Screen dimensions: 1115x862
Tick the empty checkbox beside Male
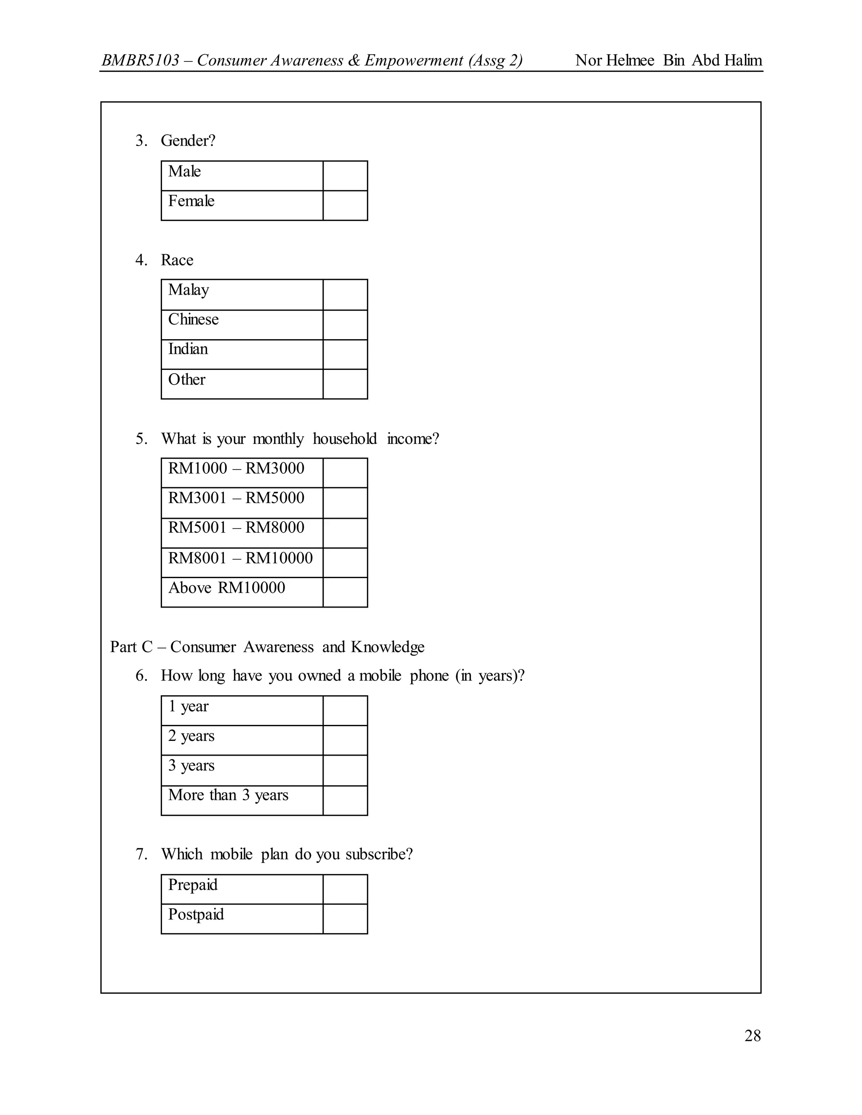[345, 175]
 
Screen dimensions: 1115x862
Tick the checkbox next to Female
[345, 206]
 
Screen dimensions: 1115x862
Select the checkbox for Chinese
[345, 325]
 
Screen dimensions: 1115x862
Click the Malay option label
[189, 290]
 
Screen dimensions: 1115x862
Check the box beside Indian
[345, 354]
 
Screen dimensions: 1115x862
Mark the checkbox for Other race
[345, 384]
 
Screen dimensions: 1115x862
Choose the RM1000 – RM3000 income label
[236, 468]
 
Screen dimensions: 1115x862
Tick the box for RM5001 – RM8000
[345, 533]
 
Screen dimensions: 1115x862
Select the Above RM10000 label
[227, 588]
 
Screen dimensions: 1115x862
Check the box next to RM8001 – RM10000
[345, 563]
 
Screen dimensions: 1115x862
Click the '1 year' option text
[189, 706]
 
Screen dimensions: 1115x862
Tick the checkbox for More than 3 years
[345, 801]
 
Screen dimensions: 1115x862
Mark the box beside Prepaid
[345, 889]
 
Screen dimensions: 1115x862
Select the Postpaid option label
[196, 914]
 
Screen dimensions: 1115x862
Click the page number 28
[752, 1036]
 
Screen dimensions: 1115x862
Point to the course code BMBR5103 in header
[141, 60]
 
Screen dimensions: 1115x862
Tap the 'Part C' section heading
[131, 647]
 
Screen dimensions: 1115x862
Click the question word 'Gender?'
[188, 141]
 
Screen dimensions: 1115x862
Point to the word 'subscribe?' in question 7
[379, 854]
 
